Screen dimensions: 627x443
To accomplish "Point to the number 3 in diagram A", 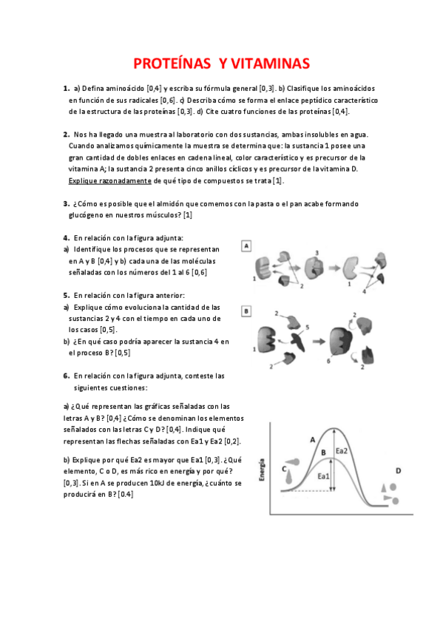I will point(316,253).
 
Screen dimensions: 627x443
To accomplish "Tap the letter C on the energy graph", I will point(285,467).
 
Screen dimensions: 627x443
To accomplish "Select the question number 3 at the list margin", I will point(66,204).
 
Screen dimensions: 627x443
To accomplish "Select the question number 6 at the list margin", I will point(66,376).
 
